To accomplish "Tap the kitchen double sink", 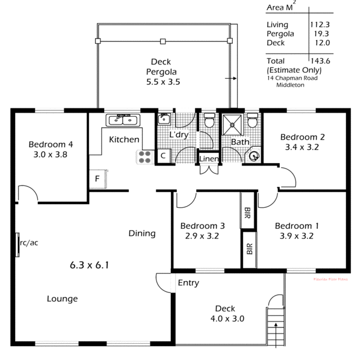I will coord(123,120).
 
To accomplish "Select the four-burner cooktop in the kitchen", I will coord(145,157).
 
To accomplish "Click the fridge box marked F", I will coord(97,179).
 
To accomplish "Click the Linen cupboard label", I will coord(208,159).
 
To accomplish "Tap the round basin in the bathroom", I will coord(255,157).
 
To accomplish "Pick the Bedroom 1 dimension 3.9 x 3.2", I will coord(297,236).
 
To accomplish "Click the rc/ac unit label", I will coord(28,243).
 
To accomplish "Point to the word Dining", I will coord(142,234).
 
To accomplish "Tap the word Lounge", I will coord(62,299).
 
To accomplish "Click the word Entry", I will coord(188,283).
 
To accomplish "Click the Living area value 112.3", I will coord(321,25).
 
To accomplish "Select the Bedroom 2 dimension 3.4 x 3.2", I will coord(302,146).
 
